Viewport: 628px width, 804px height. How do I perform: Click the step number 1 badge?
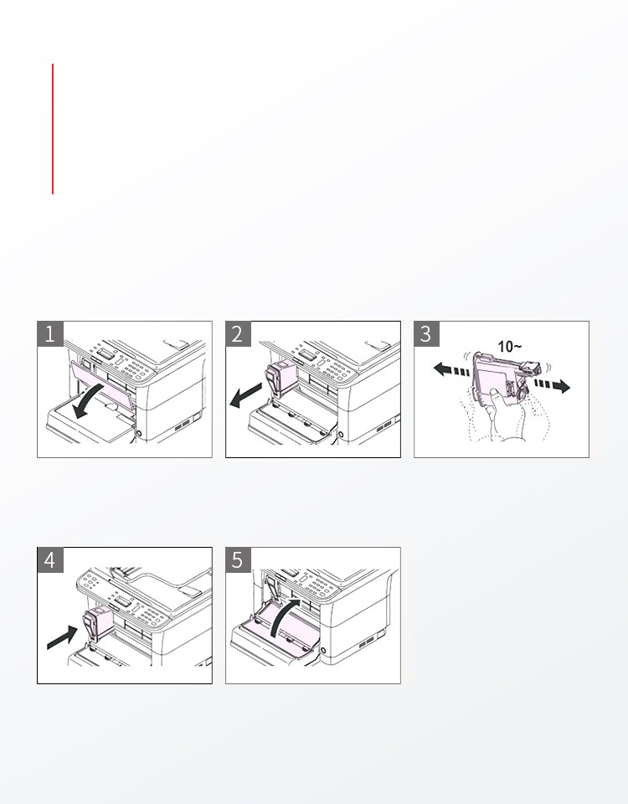pos(50,334)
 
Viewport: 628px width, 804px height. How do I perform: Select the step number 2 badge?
pos(239,334)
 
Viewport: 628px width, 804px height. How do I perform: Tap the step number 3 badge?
pos(426,334)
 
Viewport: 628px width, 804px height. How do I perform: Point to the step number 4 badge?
pos(50,560)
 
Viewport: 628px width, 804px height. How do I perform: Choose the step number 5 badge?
pos(239,560)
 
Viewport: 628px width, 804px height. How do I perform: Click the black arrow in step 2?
pos(245,396)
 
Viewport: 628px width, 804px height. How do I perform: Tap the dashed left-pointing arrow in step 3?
pos(451,370)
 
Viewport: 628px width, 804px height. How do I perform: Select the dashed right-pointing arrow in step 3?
pos(552,385)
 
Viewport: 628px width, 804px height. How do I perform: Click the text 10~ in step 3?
pos(510,347)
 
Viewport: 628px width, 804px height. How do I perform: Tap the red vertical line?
pos(53,129)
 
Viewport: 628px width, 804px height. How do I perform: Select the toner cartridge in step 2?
pos(281,378)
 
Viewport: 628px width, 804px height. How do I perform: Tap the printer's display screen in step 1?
pos(106,353)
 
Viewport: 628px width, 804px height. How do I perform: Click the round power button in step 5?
pos(323,651)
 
